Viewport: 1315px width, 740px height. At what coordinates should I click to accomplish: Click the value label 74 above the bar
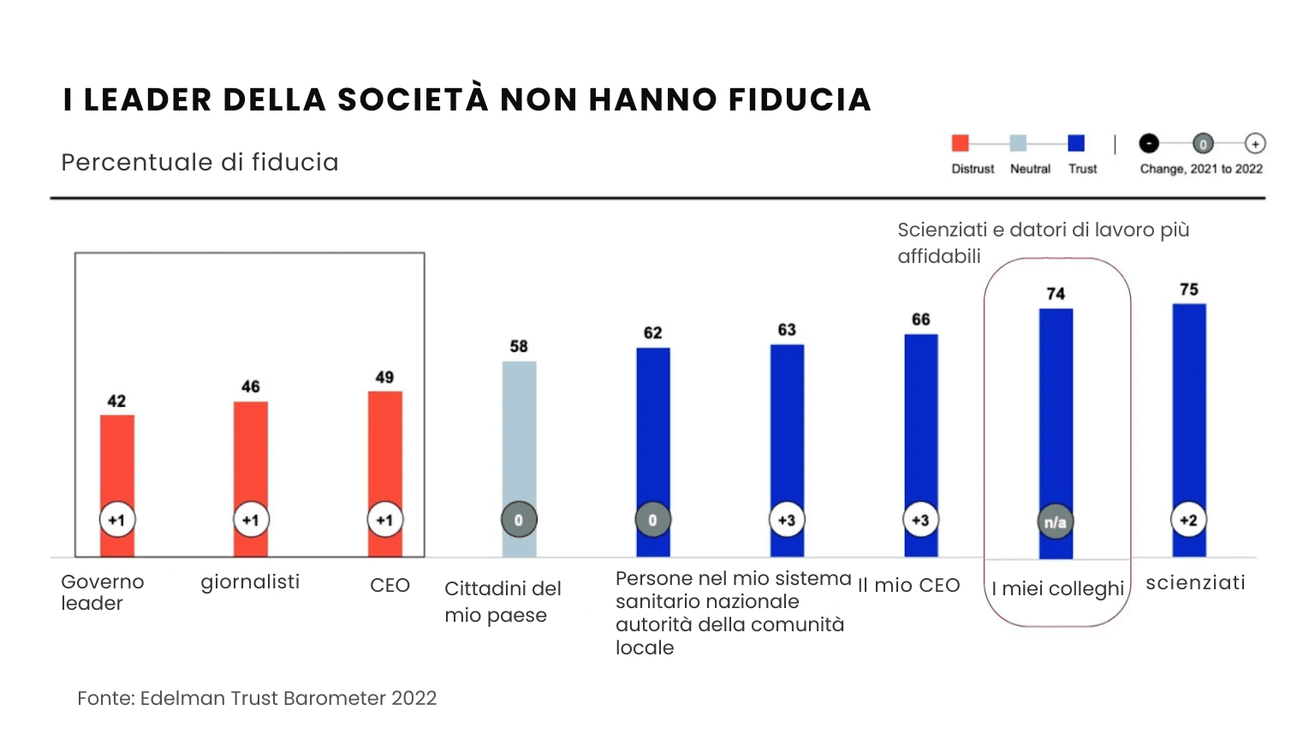pos(1056,294)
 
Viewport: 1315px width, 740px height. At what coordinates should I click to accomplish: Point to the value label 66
pos(921,319)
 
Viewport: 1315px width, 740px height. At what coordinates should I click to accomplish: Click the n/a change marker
pos(1056,522)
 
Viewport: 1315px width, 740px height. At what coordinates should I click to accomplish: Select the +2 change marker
pos(1189,520)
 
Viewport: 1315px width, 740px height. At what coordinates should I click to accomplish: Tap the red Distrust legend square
pos(961,143)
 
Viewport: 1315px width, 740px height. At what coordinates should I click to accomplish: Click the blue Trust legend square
pos(1076,143)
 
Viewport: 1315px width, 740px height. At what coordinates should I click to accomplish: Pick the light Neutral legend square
pos(1018,143)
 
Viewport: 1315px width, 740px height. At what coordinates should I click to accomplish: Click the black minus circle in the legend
pos(1149,144)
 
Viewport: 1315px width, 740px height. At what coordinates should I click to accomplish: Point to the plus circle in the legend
pos(1255,144)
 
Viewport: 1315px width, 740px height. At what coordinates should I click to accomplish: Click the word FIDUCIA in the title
pos(800,100)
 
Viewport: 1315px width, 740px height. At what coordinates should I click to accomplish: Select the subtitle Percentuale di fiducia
pos(200,163)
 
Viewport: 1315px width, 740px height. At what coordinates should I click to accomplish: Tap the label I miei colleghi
pos(1057,589)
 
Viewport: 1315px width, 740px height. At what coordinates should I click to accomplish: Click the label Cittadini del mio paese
pos(503,602)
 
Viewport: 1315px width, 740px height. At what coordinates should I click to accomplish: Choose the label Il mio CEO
pos(909,586)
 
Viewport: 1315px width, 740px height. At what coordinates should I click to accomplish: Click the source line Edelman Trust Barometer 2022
pos(257,699)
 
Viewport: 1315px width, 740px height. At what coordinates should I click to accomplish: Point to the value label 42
pos(116,401)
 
